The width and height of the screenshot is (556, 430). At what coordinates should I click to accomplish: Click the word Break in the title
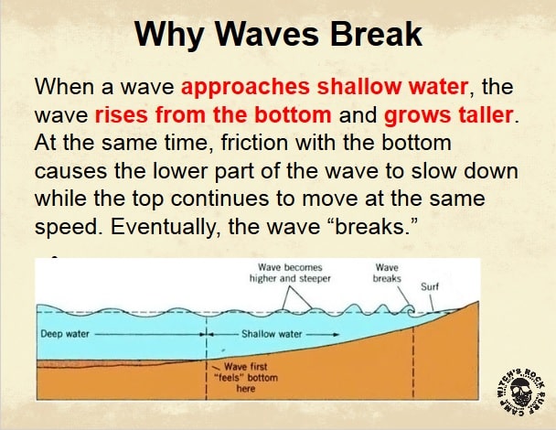click(376, 34)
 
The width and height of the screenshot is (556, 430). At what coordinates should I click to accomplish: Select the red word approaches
click(245, 88)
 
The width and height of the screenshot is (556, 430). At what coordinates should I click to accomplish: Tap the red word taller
click(484, 114)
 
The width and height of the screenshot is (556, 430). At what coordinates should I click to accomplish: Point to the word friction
click(254, 143)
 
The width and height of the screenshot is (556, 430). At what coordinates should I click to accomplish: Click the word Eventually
click(164, 227)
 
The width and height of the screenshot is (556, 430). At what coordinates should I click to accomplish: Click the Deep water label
click(65, 334)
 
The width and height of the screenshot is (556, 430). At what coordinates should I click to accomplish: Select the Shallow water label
click(272, 334)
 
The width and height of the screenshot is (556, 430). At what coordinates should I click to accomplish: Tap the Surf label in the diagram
click(430, 286)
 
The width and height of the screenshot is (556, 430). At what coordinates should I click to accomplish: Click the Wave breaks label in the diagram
click(387, 273)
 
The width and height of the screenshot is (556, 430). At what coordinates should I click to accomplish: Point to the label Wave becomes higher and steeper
click(290, 273)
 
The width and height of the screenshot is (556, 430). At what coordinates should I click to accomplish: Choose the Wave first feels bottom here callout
click(246, 377)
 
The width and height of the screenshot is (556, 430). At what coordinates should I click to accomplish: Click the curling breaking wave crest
click(411, 310)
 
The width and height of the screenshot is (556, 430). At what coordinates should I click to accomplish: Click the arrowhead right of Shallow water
click(337, 334)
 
